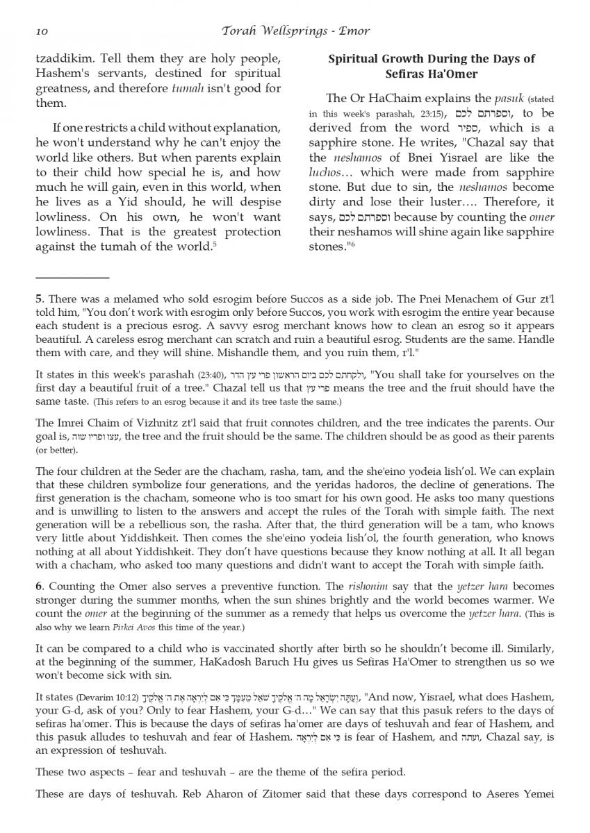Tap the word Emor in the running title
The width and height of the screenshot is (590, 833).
(356, 31)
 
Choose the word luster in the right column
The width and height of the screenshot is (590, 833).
(435, 201)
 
